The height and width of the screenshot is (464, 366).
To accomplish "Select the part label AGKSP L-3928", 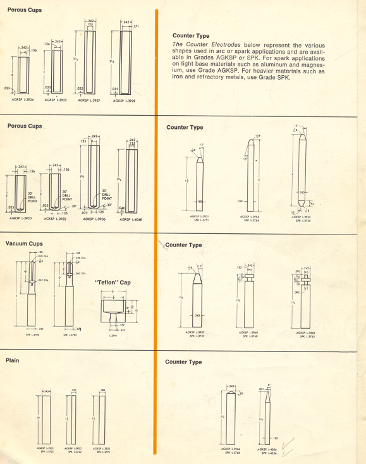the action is (x=123, y=100).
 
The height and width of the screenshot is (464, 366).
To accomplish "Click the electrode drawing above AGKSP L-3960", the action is (x=250, y=297).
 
